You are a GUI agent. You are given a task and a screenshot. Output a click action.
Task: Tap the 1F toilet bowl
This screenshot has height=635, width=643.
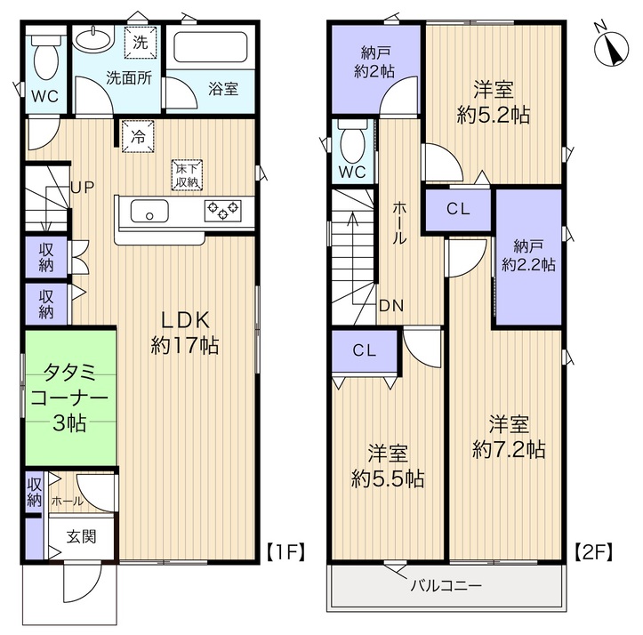pyautogui.click(x=46, y=59)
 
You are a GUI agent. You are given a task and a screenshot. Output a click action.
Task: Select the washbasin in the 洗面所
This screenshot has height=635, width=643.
pyautogui.click(x=93, y=41)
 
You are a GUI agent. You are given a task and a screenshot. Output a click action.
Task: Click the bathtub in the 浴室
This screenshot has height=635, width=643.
pyautogui.click(x=211, y=47)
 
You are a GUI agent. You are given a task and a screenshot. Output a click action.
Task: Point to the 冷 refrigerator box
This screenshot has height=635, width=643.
pyautogui.click(x=138, y=136)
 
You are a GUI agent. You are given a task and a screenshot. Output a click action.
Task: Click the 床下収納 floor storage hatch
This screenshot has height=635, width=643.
pyautogui.click(x=187, y=174)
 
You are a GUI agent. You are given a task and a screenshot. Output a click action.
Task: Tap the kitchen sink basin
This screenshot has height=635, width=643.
pyautogui.click(x=149, y=212)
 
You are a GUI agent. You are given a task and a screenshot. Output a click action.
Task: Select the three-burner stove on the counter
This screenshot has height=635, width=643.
pyautogui.click(x=222, y=211)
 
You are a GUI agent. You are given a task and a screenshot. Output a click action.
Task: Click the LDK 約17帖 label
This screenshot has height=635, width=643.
pyautogui.click(x=184, y=333)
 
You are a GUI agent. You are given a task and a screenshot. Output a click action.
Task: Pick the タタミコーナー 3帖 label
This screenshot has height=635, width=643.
pyautogui.click(x=69, y=398)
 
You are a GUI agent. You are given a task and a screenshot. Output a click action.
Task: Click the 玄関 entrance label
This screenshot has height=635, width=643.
pyautogui.click(x=82, y=536)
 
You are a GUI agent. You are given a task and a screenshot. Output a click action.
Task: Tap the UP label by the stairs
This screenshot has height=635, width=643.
pyautogui.click(x=83, y=188)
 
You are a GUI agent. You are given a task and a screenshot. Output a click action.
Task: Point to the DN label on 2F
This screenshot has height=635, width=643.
pyautogui.click(x=391, y=306)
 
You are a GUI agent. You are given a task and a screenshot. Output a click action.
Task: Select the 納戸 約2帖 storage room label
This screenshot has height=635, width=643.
pyautogui.click(x=374, y=62)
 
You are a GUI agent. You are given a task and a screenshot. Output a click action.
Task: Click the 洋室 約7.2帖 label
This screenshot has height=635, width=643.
pyautogui.click(x=509, y=437)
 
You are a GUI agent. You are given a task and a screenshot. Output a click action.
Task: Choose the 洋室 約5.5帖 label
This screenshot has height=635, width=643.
pyautogui.click(x=388, y=466)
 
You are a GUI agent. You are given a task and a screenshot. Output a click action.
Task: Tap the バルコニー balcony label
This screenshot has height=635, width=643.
pyautogui.click(x=446, y=585)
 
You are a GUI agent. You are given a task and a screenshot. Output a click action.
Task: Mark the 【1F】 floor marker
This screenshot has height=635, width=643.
pyautogui.click(x=286, y=552)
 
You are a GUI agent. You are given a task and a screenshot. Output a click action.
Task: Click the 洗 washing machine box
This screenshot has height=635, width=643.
pyautogui.click(x=141, y=43)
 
